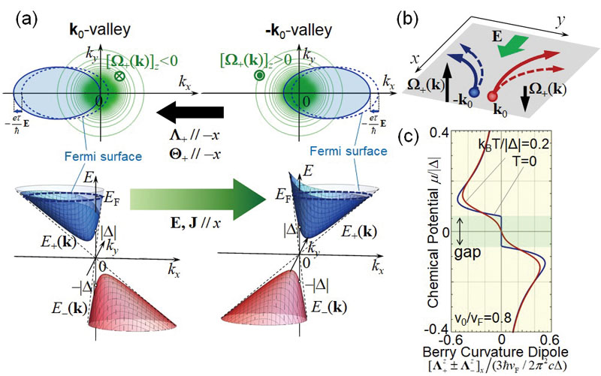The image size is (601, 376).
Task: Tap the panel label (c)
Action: coord(408,137)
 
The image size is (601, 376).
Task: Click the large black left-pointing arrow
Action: coord(190,112)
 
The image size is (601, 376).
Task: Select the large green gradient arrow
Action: coord(198,199)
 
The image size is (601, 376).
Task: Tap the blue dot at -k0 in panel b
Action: coord(474,92)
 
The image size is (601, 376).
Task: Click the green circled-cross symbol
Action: coord(120,77)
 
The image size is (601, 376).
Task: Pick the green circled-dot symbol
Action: coord(259,77)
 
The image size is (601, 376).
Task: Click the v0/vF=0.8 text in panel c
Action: coord(483,317)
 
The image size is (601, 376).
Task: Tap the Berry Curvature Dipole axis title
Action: coord(495,352)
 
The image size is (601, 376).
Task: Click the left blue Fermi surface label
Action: coord(103,156)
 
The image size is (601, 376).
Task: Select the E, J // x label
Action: coord(195,223)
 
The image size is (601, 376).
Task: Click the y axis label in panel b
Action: coord(560,23)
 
